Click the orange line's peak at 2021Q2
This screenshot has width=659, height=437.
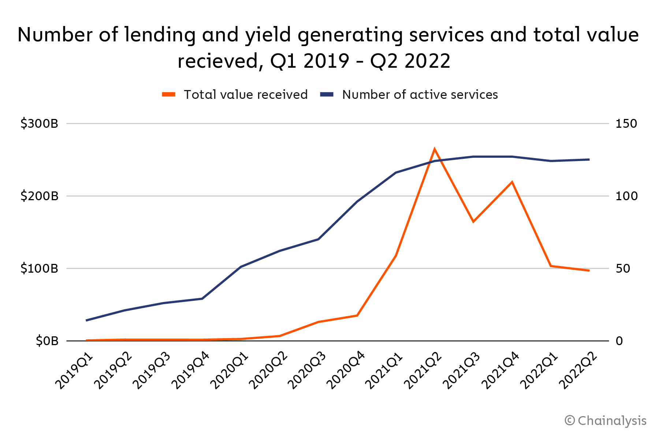point(435,149)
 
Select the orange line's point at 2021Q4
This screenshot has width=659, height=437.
point(512,182)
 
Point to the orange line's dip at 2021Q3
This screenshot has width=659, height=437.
point(473,221)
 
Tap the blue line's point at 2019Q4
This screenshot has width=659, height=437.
point(202,299)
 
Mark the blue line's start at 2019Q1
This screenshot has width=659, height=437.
point(86,320)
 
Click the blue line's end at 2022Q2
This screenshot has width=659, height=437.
point(589,160)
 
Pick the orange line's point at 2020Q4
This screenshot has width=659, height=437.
point(357,315)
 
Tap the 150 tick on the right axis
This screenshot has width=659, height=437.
point(626,124)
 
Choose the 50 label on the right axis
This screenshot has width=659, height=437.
point(623,269)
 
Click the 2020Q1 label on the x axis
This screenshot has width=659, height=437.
point(230,370)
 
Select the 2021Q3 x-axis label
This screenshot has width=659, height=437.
point(462,370)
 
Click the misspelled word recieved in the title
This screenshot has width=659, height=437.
point(219,61)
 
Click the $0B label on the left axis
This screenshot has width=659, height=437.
point(47,341)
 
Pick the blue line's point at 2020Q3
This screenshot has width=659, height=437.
point(318,239)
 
